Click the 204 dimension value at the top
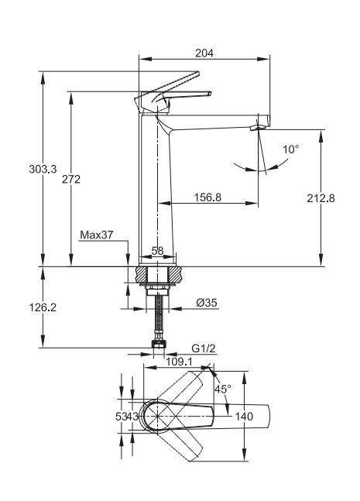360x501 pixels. pyautogui.click(x=204, y=53)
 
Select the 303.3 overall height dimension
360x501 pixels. pyautogui.click(x=43, y=169)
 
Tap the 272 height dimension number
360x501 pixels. pyautogui.click(x=71, y=179)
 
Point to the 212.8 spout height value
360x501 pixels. pyautogui.click(x=321, y=198)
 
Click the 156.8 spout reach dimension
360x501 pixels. pyautogui.click(x=207, y=197)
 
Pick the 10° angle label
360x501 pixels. pyautogui.click(x=290, y=149)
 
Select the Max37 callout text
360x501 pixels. pyautogui.click(x=97, y=235)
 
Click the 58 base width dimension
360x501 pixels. pyautogui.click(x=157, y=251)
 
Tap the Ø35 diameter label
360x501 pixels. pyautogui.click(x=207, y=302)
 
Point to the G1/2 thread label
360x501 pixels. pyautogui.click(x=204, y=348)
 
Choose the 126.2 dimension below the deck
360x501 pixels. pyautogui.click(x=43, y=307)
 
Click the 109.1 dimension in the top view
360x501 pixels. pyautogui.click(x=179, y=362)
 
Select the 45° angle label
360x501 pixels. pyautogui.click(x=222, y=389)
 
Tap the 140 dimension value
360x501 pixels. pyautogui.click(x=244, y=417)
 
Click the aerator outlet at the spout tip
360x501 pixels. pyautogui.click(x=258, y=128)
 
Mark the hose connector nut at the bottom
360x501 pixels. pyautogui.click(x=159, y=344)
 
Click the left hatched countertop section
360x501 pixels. pyautogui.click(x=142, y=274)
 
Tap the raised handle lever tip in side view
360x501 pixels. pyautogui.click(x=197, y=74)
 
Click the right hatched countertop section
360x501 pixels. pyautogui.click(x=176, y=274)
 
